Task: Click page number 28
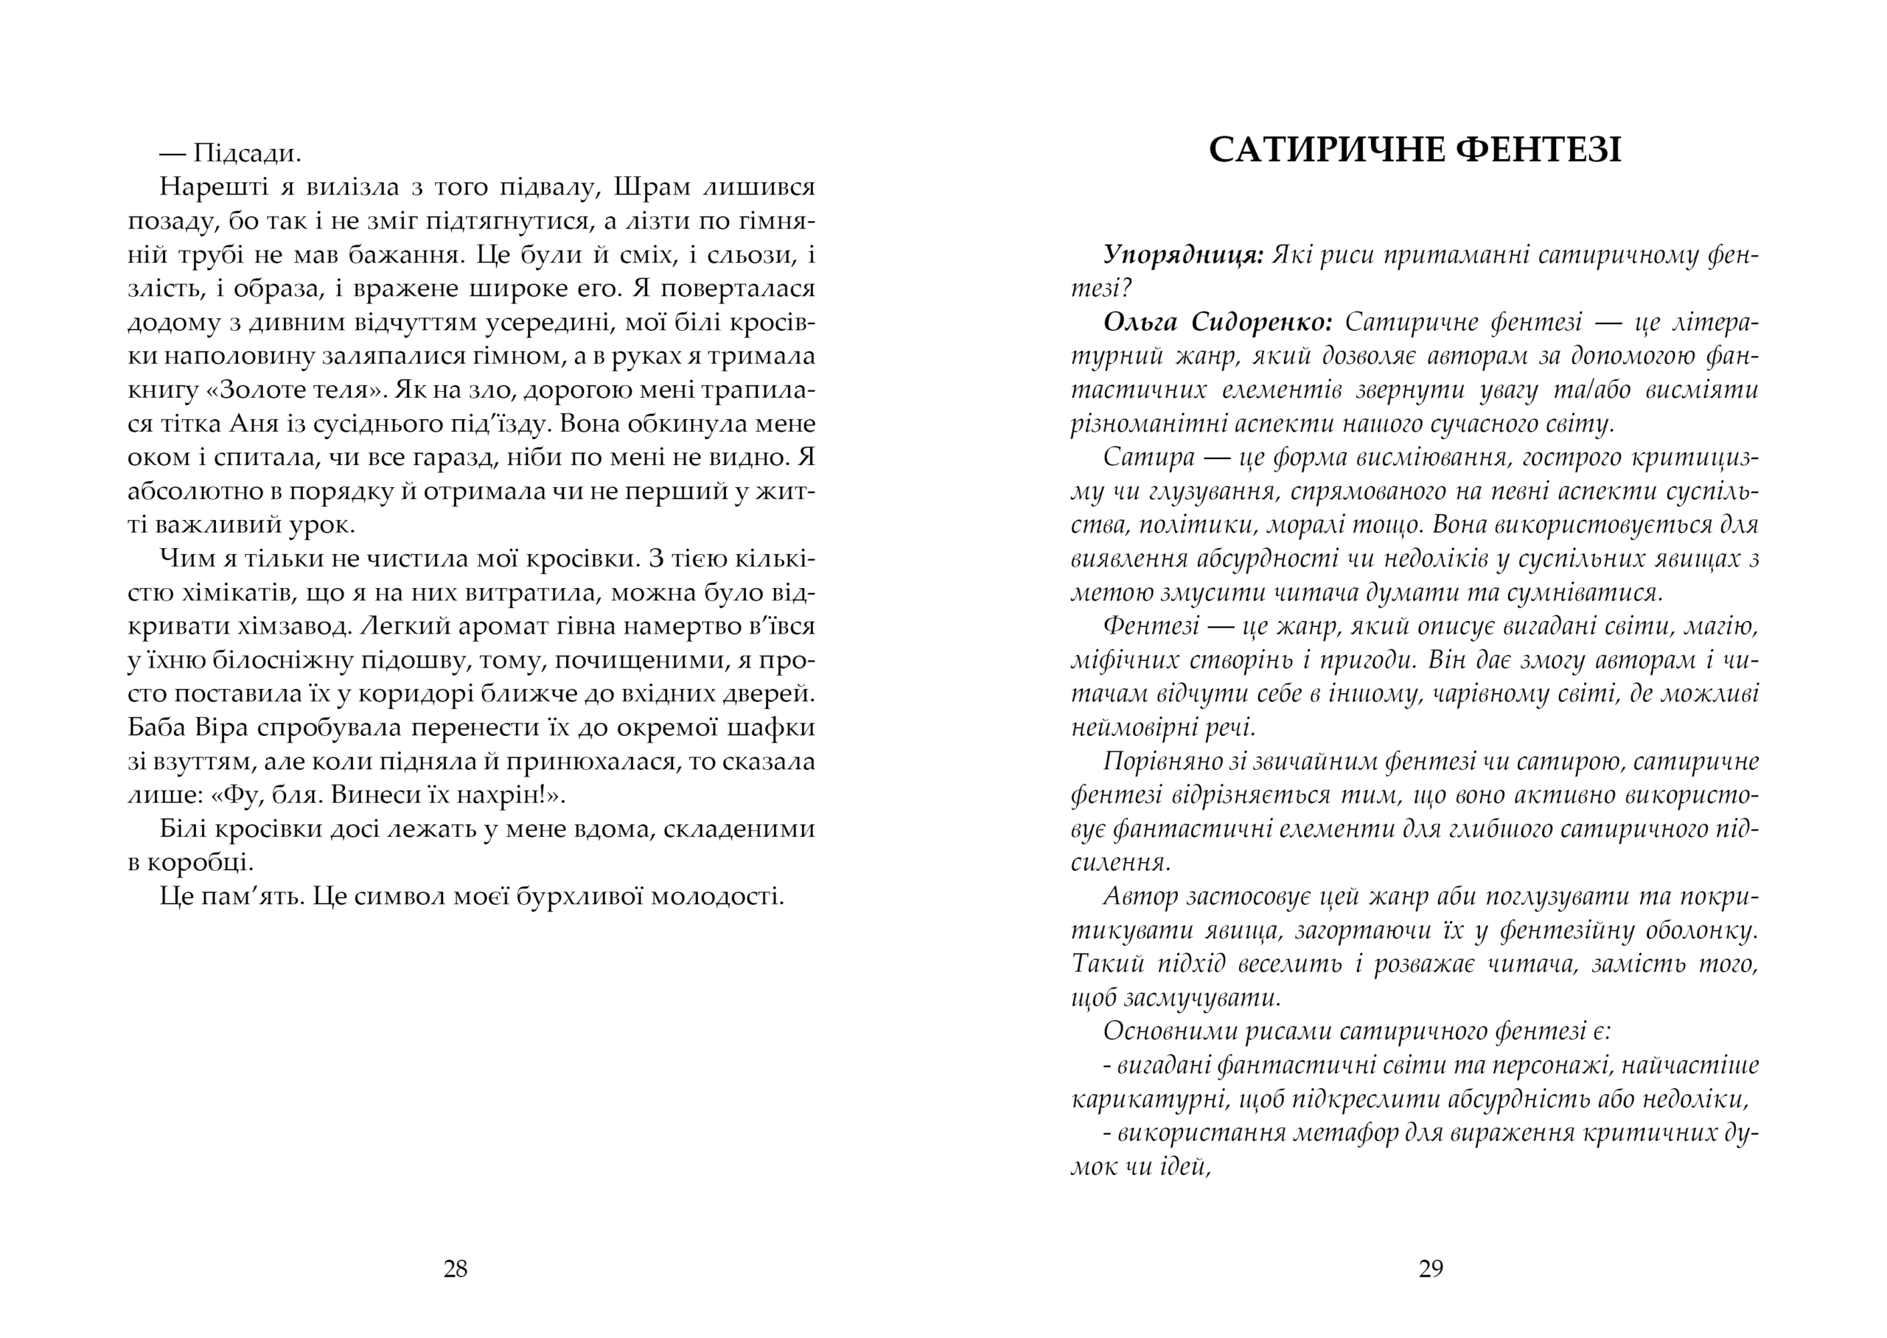point(456,1269)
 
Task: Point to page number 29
point(1431,1269)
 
